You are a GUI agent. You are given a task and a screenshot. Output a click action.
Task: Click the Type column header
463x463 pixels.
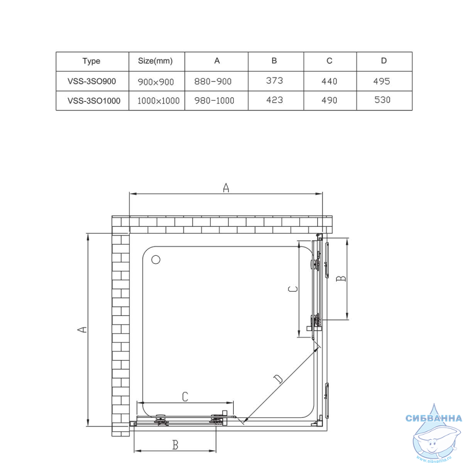pyautogui.click(x=91, y=61)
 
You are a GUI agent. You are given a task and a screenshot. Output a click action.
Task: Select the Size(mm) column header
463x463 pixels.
pyautogui.click(x=155, y=61)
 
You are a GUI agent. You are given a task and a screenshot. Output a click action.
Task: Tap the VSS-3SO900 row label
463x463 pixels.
pyautogui.click(x=91, y=81)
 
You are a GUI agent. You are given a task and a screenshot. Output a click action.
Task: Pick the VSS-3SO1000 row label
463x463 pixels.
pyautogui.click(x=94, y=101)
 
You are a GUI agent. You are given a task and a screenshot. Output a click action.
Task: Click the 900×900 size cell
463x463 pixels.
pyautogui.click(x=156, y=82)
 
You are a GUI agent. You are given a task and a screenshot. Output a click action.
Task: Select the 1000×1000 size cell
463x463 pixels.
pyautogui.click(x=159, y=101)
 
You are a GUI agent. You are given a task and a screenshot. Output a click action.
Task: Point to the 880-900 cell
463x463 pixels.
pyautogui.click(x=213, y=81)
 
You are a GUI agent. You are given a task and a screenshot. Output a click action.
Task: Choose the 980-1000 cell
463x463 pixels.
pyautogui.click(x=214, y=100)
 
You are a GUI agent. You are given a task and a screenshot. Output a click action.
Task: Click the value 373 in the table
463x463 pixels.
pyautogui.click(x=274, y=80)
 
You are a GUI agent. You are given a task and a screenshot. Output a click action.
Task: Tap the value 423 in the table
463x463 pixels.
pyautogui.click(x=274, y=100)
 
